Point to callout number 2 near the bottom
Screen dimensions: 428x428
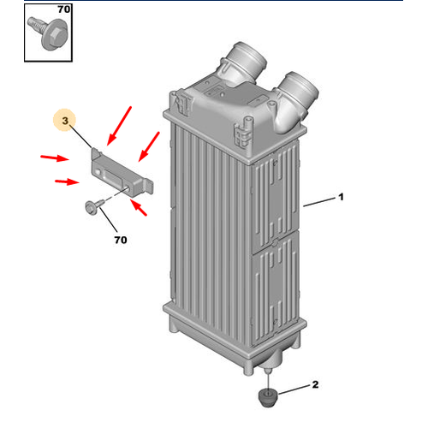(314, 386)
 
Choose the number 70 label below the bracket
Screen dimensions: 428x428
(119, 240)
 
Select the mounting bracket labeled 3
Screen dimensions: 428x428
(120, 171)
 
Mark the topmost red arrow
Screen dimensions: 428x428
(121, 125)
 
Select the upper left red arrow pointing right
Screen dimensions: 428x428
(56, 158)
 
